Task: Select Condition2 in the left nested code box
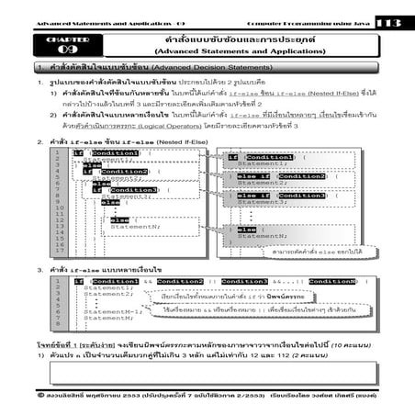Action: (x=124, y=171)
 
